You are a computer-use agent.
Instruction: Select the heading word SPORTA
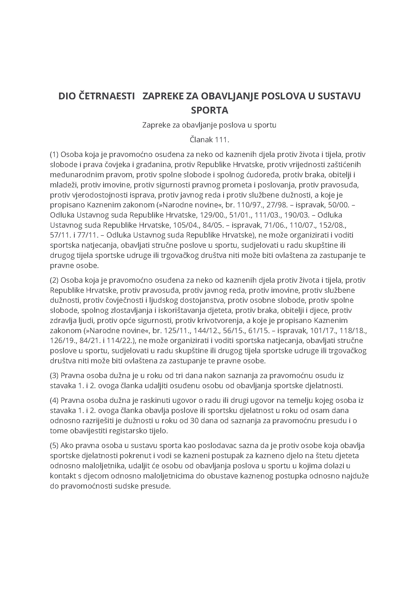(210, 110)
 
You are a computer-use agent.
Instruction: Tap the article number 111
(222, 140)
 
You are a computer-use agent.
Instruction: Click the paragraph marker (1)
(54, 154)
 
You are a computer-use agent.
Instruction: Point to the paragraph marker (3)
(54, 375)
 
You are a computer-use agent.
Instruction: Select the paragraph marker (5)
(54, 445)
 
